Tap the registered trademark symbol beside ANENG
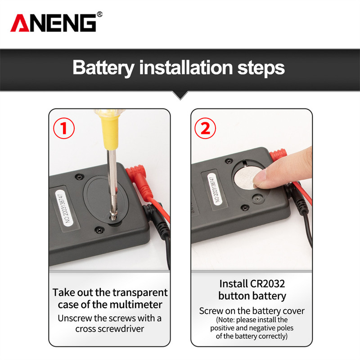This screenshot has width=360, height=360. click(x=99, y=14)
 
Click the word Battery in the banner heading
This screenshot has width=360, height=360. click(x=103, y=68)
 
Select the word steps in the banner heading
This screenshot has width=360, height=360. click(x=261, y=68)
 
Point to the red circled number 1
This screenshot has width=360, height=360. click(x=64, y=128)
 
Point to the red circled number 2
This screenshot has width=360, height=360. click(x=205, y=128)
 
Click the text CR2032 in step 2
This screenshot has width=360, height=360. click(x=267, y=284)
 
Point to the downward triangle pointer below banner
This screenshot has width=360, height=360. click(x=180, y=95)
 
